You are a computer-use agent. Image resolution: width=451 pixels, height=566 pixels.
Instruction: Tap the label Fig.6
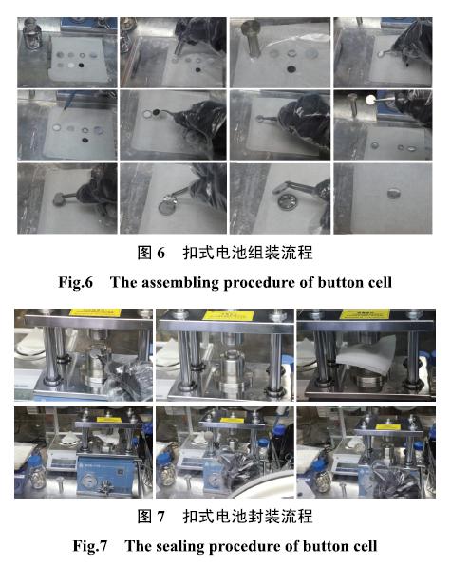(76, 282)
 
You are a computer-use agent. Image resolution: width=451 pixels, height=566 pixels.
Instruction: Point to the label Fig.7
(90, 546)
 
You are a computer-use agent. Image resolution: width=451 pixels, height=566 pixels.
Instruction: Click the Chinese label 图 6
(151, 253)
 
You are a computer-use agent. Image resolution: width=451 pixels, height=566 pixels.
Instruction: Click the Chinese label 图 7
(151, 517)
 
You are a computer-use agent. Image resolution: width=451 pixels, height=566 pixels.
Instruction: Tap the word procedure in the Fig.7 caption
(244, 546)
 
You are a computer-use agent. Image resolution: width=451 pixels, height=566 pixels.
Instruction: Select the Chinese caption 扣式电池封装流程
(248, 517)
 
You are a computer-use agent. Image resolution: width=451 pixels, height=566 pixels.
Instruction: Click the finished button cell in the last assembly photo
(393, 193)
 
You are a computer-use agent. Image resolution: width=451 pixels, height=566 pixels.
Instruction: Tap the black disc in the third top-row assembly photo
(291, 68)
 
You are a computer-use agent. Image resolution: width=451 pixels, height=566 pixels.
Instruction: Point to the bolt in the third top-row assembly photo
(251, 39)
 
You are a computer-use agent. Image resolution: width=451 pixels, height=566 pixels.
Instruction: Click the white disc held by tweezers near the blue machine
(370, 100)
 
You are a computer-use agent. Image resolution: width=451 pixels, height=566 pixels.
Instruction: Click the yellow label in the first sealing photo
(95, 311)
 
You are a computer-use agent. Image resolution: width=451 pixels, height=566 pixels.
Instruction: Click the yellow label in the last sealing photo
(388, 427)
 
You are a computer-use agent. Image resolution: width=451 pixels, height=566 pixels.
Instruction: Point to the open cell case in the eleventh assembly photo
(286, 201)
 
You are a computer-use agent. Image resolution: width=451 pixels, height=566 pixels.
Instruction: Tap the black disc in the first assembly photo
(81, 66)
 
